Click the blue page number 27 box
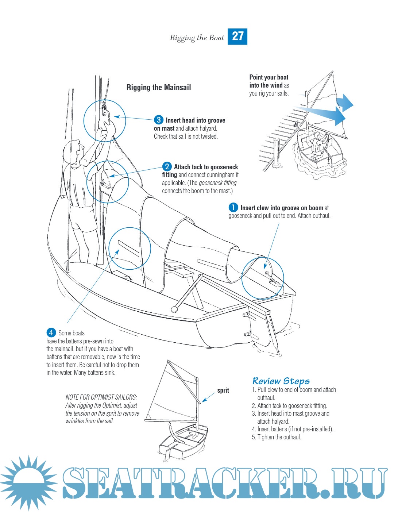click(x=237, y=36)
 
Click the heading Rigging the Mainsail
click(x=159, y=88)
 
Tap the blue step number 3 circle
click(x=158, y=120)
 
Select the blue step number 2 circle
click(x=167, y=167)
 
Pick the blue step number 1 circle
click(x=233, y=208)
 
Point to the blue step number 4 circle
click(x=51, y=333)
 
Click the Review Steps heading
click(x=281, y=381)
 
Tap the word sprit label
click(x=223, y=390)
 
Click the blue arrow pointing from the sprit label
click(x=208, y=397)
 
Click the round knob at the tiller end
click(x=174, y=310)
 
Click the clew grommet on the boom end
click(x=267, y=273)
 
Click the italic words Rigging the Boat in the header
click(x=197, y=38)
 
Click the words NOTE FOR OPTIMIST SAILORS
click(x=101, y=397)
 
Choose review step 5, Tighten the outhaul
click(x=277, y=437)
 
